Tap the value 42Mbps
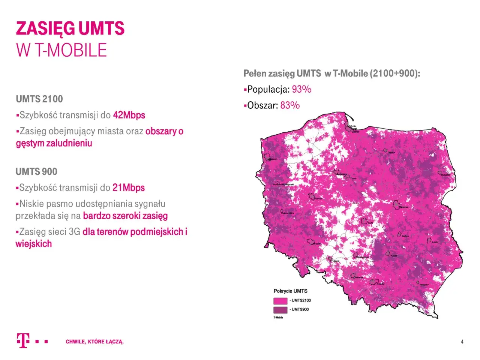click(x=129, y=115)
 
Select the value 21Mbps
click(x=128, y=187)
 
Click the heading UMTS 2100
click(x=39, y=99)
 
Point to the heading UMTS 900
click(x=36, y=172)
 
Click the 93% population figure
click(x=301, y=89)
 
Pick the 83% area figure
click(x=290, y=105)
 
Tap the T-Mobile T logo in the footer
click(x=22, y=340)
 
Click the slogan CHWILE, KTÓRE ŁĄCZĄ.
click(x=94, y=342)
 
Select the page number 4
click(x=462, y=342)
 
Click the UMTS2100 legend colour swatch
click(x=280, y=301)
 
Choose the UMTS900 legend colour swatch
click(x=280, y=310)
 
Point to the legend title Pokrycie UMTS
click(x=290, y=291)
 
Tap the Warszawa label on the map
click(x=403, y=207)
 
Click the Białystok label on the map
click(x=445, y=175)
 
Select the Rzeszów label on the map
click(x=424, y=285)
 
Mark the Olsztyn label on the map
click(x=391, y=153)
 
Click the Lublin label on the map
click(x=435, y=242)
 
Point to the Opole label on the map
click(x=336, y=261)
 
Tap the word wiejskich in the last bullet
click(x=34, y=244)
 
